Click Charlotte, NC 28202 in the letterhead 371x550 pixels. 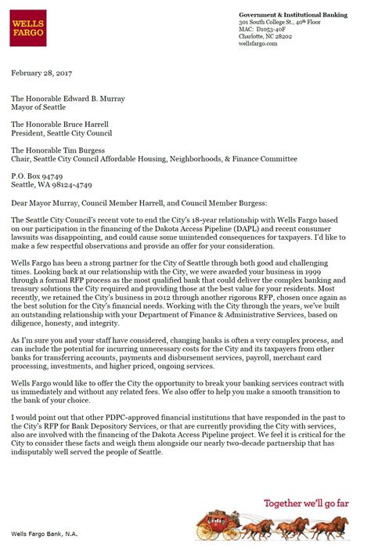pyautogui.click(x=261, y=37)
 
